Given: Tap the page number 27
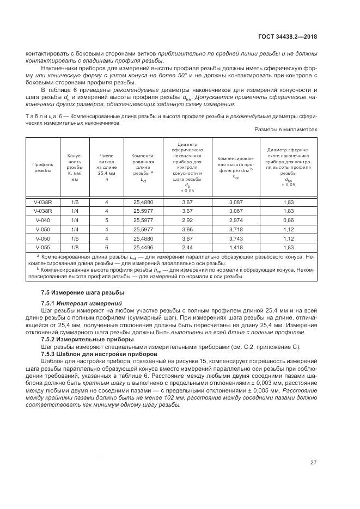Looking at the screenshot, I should click(314, 463).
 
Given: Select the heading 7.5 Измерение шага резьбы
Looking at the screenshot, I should click(83, 292).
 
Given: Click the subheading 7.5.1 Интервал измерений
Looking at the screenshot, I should click(81, 302).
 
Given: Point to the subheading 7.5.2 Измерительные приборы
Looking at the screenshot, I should click(88, 339).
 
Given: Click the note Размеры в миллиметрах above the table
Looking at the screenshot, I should click(285, 130).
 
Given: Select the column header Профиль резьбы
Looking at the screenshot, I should click(43, 167).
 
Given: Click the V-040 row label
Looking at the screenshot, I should click(43, 220).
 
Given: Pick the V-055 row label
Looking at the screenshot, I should click(43, 247).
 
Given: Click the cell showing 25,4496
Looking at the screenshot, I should click(143, 247).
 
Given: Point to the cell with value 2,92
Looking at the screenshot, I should click(187, 220).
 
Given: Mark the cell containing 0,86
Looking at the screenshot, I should click(289, 220).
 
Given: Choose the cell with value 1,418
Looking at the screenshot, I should click(236, 247).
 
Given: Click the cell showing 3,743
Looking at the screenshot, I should click(236, 238).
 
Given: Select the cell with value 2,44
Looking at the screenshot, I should click(187, 247).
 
